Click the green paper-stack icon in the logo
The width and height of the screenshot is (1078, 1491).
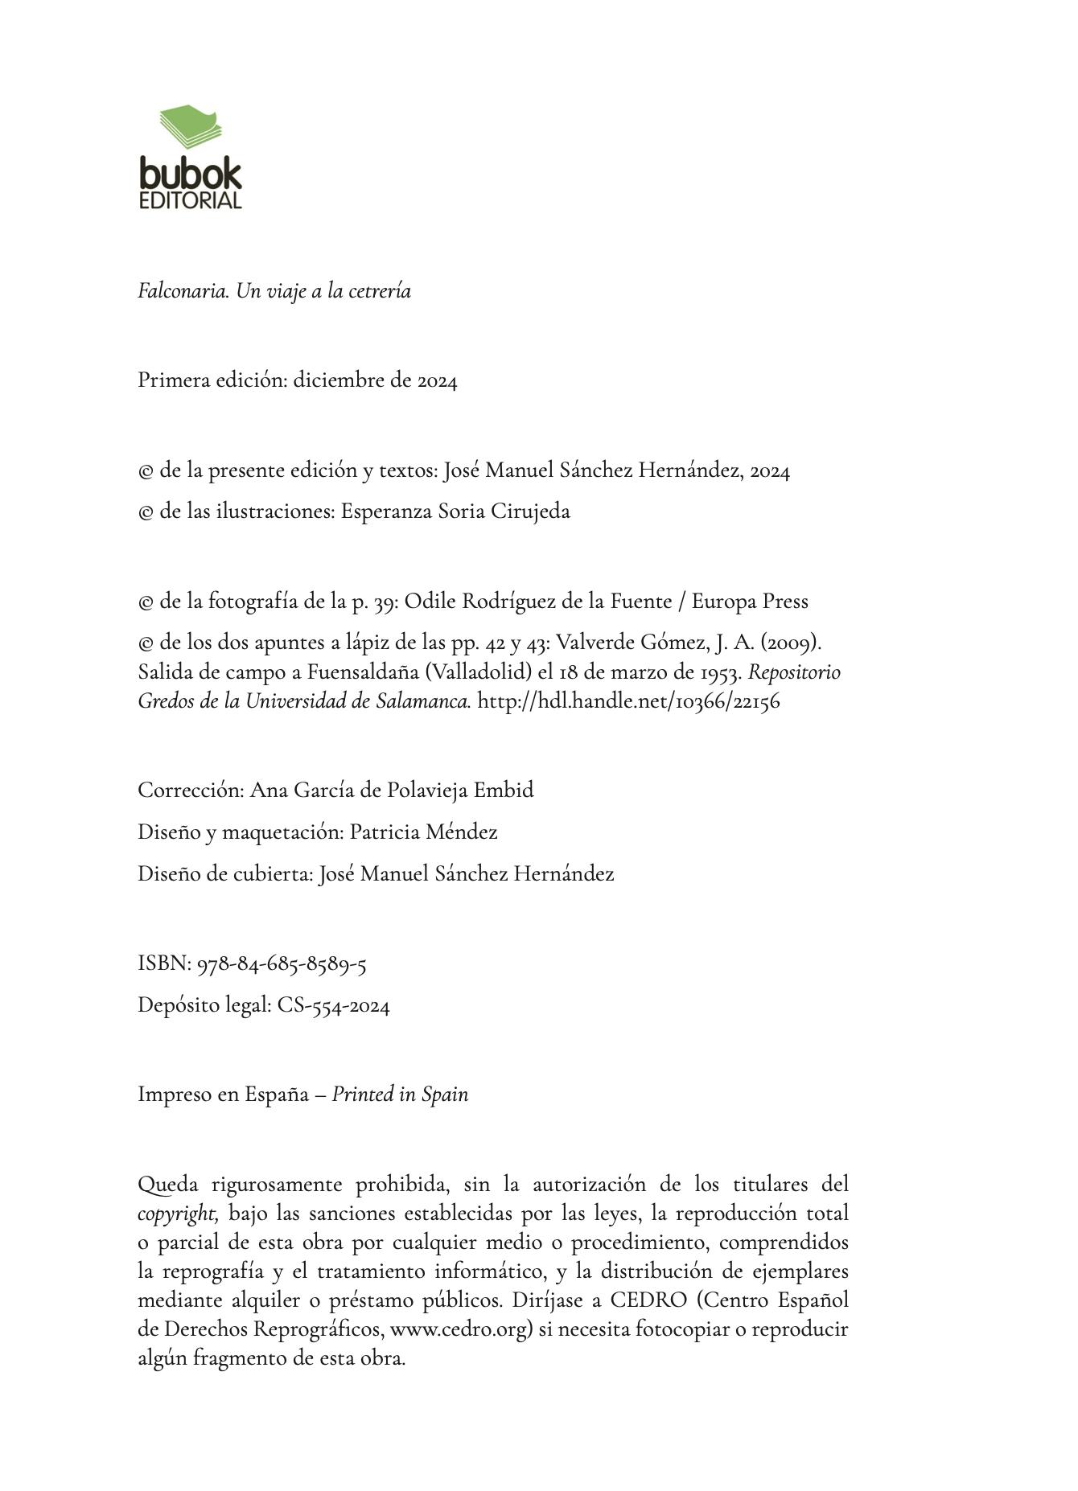point(191,126)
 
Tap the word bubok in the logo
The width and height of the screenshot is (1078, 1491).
point(190,174)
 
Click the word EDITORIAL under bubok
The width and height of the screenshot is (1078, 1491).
point(190,200)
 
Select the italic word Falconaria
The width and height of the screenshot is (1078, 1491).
point(184,291)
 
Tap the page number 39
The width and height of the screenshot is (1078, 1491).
point(385,602)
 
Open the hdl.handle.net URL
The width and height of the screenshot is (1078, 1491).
point(628,701)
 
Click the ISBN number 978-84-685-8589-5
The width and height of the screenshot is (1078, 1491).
point(282,964)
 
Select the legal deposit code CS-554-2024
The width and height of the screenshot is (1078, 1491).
point(334,1006)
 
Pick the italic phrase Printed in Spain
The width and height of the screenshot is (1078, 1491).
point(400,1095)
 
